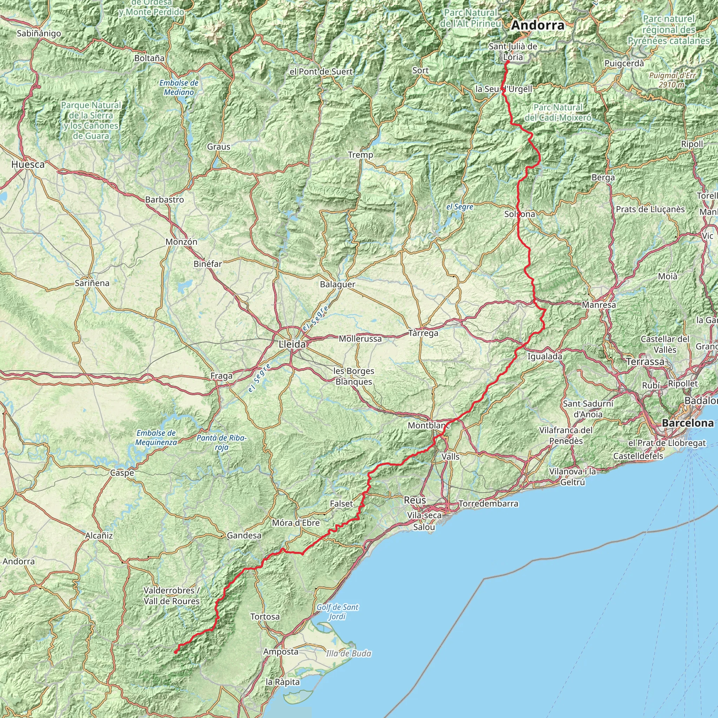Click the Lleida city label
click(x=292, y=345)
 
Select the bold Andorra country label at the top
click(x=538, y=25)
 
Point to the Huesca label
click(x=28, y=164)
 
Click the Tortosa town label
click(x=265, y=617)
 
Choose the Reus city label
click(x=415, y=500)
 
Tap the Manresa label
click(x=599, y=305)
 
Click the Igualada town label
click(x=545, y=357)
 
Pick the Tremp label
click(x=360, y=155)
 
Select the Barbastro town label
click(x=165, y=199)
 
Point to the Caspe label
click(x=122, y=473)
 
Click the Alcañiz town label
click(x=99, y=536)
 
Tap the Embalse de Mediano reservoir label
click(x=179, y=87)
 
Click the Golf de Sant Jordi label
click(x=338, y=612)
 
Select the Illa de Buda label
click(x=348, y=653)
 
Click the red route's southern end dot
click(x=175, y=652)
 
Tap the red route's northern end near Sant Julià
click(x=507, y=62)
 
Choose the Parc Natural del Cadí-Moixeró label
click(x=558, y=113)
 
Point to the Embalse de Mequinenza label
click(x=156, y=438)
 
